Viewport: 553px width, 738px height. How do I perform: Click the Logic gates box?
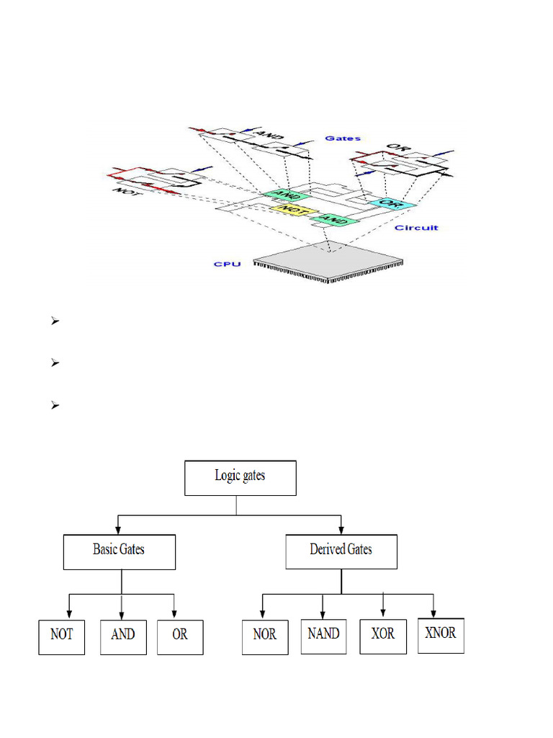tap(240, 477)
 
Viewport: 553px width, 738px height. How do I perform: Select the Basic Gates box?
tap(119, 551)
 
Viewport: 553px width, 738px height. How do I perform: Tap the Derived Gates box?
tap(341, 551)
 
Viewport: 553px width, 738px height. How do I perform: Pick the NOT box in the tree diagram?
tap(61, 636)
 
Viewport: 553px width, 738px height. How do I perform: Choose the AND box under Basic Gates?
tap(122, 636)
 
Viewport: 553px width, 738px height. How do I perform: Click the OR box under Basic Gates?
tap(179, 636)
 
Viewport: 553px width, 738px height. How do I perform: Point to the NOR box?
tap(264, 637)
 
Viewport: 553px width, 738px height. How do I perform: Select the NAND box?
tap(323, 635)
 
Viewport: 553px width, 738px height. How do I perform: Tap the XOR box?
tap(382, 635)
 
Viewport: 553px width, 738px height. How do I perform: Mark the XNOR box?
tap(441, 634)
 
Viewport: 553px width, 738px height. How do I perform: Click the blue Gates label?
tap(343, 138)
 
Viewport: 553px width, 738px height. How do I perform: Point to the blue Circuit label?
tap(416, 228)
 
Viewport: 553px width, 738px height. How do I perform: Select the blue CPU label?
tap(227, 264)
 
